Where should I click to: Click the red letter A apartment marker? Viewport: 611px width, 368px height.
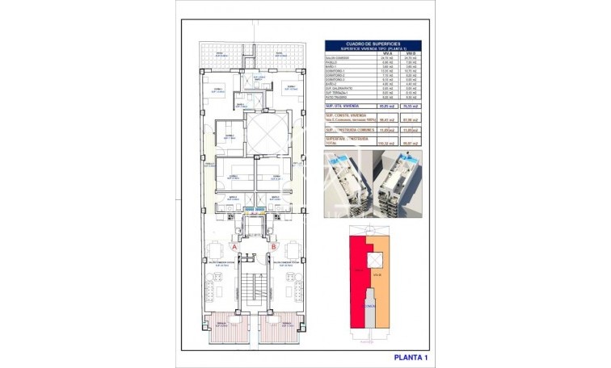tap(235, 247)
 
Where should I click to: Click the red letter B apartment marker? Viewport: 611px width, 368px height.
tap(274, 247)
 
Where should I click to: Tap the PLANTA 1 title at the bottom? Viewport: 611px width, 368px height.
tap(411, 356)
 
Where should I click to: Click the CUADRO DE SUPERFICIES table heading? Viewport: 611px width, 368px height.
tap(373, 43)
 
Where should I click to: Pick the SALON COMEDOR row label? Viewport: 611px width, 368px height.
tap(339, 59)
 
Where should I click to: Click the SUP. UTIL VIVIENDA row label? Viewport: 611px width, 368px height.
tap(343, 106)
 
